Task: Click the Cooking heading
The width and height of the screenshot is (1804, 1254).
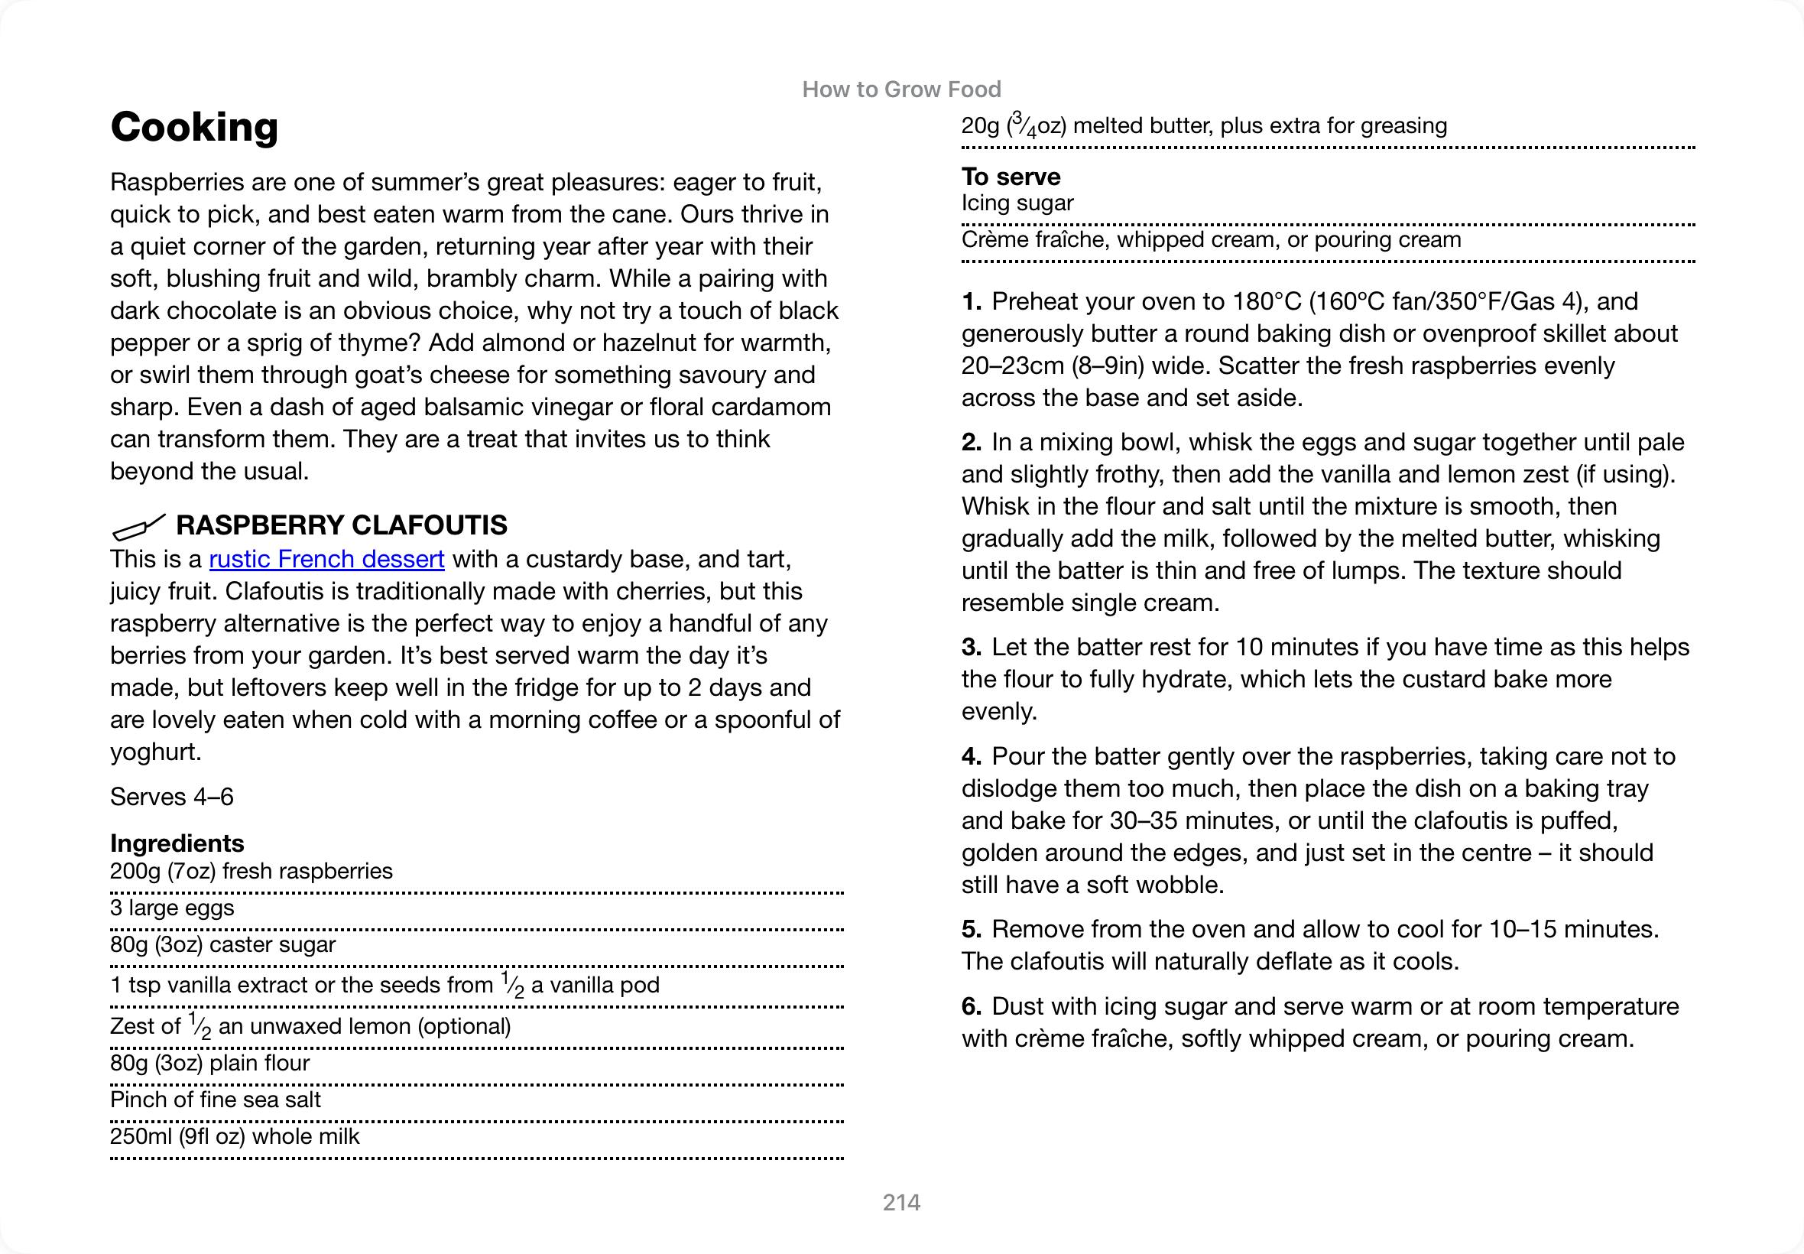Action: [x=194, y=127]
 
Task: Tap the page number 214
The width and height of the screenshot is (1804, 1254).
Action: [x=900, y=1202]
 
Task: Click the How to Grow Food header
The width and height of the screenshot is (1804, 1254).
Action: [x=900, y=89]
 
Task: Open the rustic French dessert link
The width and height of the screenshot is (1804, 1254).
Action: [x=326, y=559]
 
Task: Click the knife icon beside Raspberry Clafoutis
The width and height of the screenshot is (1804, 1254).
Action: [x=138, y=526]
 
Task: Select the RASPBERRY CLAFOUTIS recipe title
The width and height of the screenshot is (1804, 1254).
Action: [x=341, y=525]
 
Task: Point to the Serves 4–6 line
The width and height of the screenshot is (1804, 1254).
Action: [x=171, y=797]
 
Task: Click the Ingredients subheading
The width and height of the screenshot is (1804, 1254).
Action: [x=177, y=843]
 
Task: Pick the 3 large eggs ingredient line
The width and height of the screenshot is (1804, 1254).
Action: [x=172, y=908]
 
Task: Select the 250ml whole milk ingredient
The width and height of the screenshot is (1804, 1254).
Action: [x=234, y=1136]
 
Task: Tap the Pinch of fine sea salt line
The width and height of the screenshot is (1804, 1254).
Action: [x=216, y=1100]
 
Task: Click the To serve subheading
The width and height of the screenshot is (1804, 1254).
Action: [x=1010, y=177]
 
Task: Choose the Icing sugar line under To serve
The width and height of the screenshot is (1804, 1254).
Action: [x=1017, y=203]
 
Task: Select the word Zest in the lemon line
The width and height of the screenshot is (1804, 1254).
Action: [x=135, y=1026]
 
